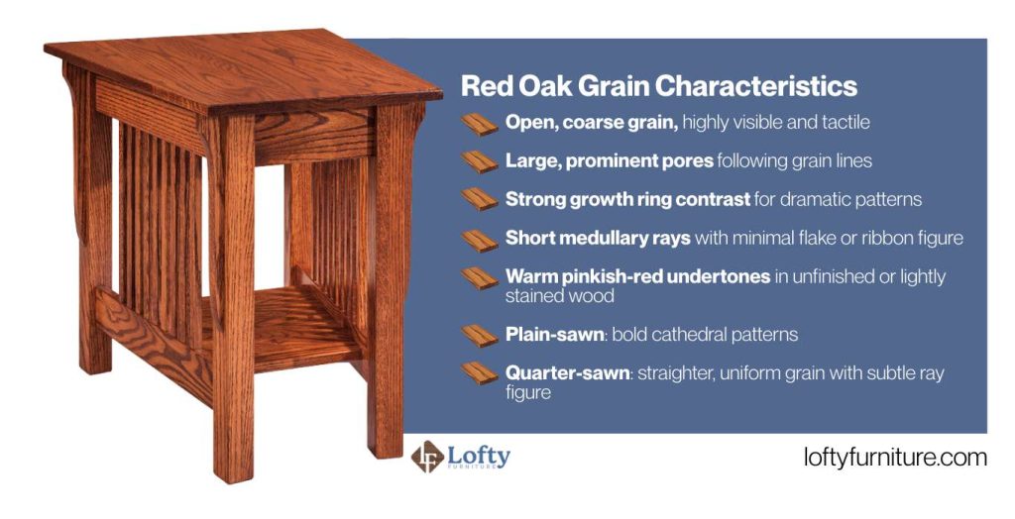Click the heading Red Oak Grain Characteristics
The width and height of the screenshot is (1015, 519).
pos(658,85)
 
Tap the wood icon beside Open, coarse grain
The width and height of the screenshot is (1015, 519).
pos(481,124)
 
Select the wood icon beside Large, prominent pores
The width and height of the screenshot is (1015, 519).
pos(481,160)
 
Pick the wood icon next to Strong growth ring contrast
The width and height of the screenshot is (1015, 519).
pos(481,199)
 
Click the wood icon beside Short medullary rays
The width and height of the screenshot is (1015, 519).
pos(481,239)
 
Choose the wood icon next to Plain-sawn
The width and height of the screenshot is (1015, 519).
pos(481,335)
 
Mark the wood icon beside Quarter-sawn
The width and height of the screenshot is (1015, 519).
pos(481,374)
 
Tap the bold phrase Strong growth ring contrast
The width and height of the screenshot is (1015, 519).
pos(626,199)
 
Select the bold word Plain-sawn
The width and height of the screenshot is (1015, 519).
pos(554,335)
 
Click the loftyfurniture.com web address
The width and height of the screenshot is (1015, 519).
pos(895,458)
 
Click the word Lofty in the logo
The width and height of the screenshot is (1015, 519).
pos(479,455)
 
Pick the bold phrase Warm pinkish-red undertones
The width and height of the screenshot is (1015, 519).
pos(637,276)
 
